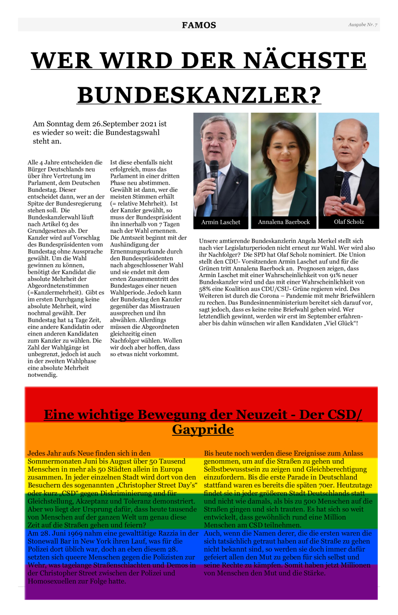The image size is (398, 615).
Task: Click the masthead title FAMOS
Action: coord(199,25)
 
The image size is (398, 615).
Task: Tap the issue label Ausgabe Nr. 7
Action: coord(363,24)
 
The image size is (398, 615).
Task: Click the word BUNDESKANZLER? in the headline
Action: coord(199,94)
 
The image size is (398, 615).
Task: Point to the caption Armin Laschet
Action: coord(221,222)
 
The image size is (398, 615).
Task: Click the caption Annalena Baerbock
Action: coord(284,222)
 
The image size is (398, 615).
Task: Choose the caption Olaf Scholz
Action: coord(349,222)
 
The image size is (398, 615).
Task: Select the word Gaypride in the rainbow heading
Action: coord(203,429)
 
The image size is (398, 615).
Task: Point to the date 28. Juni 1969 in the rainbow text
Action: coord(59,534)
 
